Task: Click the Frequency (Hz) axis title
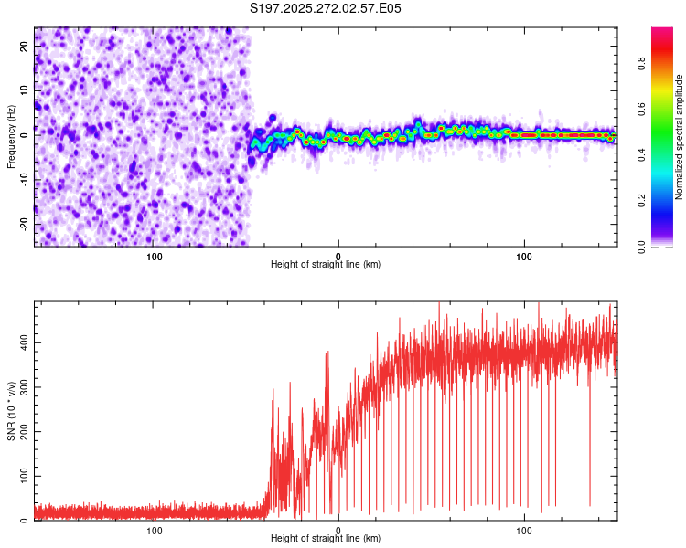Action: coord(11,136)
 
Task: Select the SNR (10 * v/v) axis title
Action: coord(11,410)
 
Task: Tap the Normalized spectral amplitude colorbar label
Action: coord(680,137)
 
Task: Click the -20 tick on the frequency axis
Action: coord(23,224)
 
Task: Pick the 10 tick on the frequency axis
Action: coord(25,90)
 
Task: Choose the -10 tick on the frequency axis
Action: coord(23,180)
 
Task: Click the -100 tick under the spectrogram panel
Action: coord(152,256)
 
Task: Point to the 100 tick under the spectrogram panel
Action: coord(524,256)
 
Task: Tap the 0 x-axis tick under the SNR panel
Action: coord(338,530)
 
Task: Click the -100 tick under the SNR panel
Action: coord(152,530)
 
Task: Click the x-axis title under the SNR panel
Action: coord(326,539)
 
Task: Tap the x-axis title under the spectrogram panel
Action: coord(326,265)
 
